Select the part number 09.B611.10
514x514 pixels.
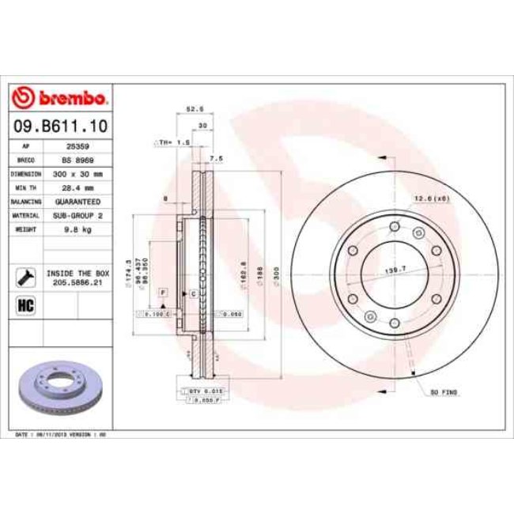tap(60, 126)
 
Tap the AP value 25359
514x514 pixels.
tap(77, 147)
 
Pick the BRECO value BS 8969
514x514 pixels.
tap(77, 160)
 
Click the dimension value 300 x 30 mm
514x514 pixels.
tap(77, 173)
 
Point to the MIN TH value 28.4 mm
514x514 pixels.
tap(77, 187)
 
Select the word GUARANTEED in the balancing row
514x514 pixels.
tap(77, 202)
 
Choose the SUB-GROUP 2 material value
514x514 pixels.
tap(77, 214)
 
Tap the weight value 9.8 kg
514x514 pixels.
tap(77, 228)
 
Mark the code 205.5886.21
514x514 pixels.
tap(77, 280)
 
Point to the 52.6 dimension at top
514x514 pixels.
tap(191, 109)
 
